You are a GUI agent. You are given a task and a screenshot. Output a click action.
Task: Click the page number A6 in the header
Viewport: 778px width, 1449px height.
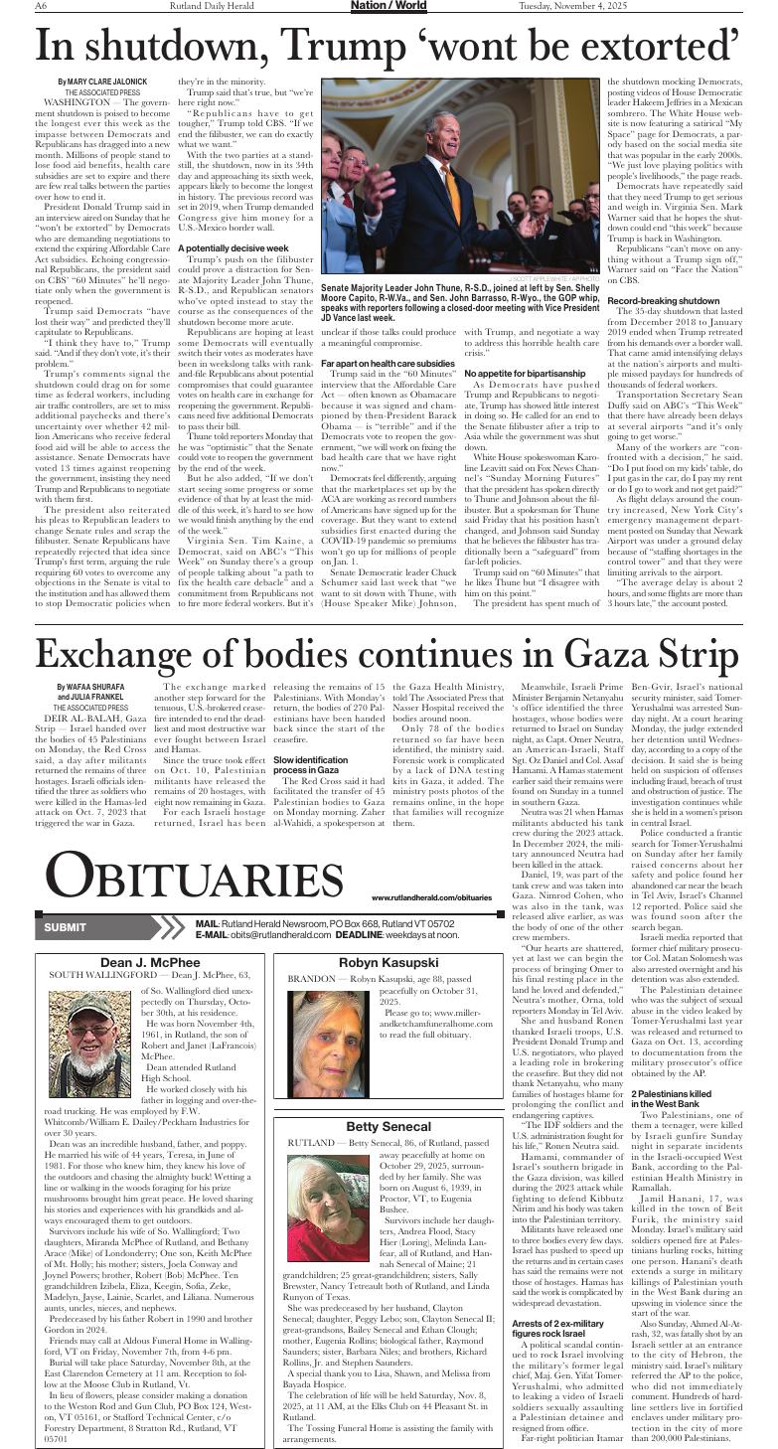(x=42, y=6)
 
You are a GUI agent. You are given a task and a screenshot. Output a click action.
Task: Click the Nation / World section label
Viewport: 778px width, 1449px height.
(x=388, y=6)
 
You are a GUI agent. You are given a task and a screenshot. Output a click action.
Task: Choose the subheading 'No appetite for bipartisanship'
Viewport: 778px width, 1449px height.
(x=519, y=373)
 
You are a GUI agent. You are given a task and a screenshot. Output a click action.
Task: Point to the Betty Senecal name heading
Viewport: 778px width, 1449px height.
(x=389, y=1126)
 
